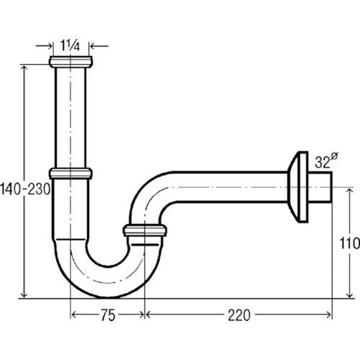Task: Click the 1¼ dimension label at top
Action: coord(70,45)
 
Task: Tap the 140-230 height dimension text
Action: coord(25,189)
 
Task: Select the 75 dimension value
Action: coord(108,315)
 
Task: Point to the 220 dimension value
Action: coord(239,315)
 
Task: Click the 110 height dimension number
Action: coord(350,243)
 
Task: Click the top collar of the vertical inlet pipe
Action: coord(71,62)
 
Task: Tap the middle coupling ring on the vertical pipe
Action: coord(71,174)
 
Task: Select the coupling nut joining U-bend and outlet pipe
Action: coord(145,230)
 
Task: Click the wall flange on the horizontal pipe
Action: coord(298,187)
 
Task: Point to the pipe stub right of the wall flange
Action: coord(320,187)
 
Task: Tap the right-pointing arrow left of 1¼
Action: coord(44,45)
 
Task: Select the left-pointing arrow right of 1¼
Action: coord(99,45)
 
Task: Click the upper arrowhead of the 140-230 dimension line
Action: coord(24,68)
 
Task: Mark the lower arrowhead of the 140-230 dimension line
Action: coord(24,294)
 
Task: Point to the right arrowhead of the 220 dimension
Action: coord(328,315)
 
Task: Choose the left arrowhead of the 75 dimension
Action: coord(76,315)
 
